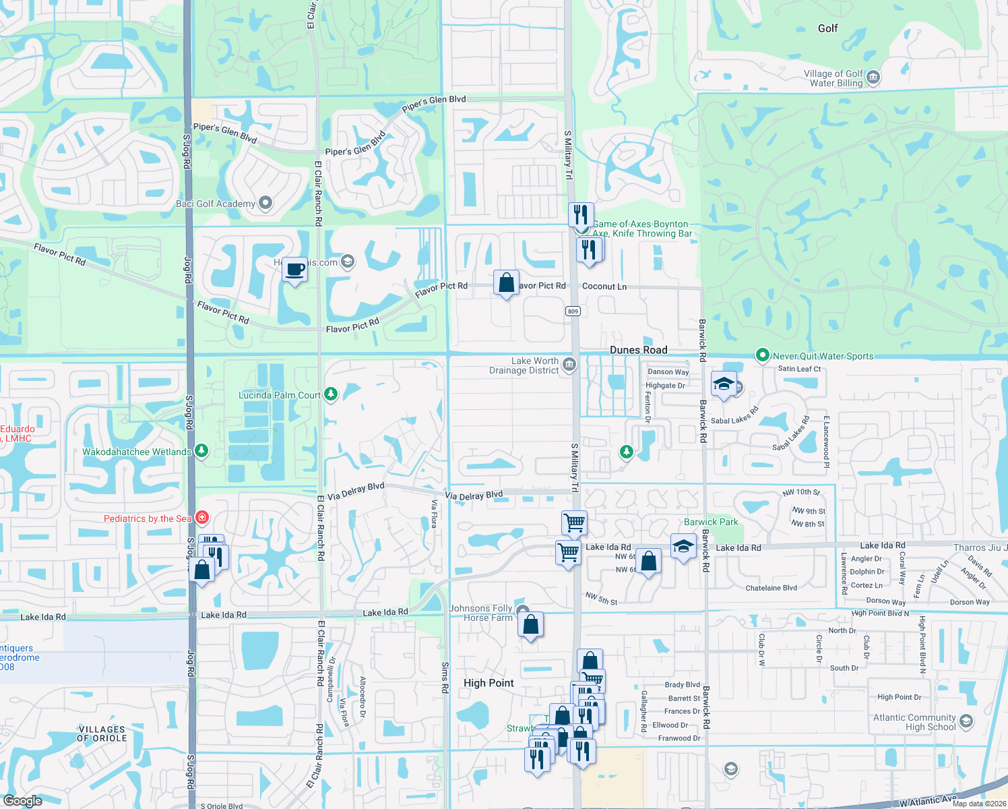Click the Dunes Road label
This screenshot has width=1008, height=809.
pyautogui.click(x=638, y=350)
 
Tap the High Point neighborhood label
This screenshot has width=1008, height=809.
pyautogui.click(x=489, y=683)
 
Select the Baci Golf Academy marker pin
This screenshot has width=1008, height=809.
pyautogui.click(x=265, y=203)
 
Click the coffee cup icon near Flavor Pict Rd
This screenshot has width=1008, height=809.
pyautogui.click(x=294, y=270)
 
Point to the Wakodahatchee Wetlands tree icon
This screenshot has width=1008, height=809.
pyautogui.click(x=201, y=450)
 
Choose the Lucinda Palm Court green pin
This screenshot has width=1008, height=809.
pyautogui.click(x=330, y=394)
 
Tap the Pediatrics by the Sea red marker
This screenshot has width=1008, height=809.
pyautogui.click(x=201, y=518)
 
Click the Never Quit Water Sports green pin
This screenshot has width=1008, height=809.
pyautogui.click(x=762, y=355)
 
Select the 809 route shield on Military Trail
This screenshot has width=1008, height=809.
pyautogui.click(x=573, y=311)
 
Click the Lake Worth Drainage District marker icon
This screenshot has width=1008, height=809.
pyautogui.click(x=569, y=365)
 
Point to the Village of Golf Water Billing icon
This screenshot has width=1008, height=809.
pyautogui.click(x=873, y=78)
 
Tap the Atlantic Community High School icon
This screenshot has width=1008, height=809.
pyautogui.click(x=966, y=722)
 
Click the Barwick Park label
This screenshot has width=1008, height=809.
pyautogui.click(x=711, y=522)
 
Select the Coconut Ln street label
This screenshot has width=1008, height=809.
pyautogui.click(x=604, y=287)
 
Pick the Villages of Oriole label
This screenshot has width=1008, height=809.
pyautogui.click(x=102, y=733)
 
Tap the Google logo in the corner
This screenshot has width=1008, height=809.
pyautogui.click(x=22, y=800)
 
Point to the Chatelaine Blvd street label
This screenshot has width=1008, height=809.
pyautogui.click(x=771, y=588)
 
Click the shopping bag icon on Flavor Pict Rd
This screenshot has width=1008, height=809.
pyautogui.click(x=506, y=282)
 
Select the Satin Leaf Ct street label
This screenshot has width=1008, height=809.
pyautogui.click(x=799, y=369)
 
